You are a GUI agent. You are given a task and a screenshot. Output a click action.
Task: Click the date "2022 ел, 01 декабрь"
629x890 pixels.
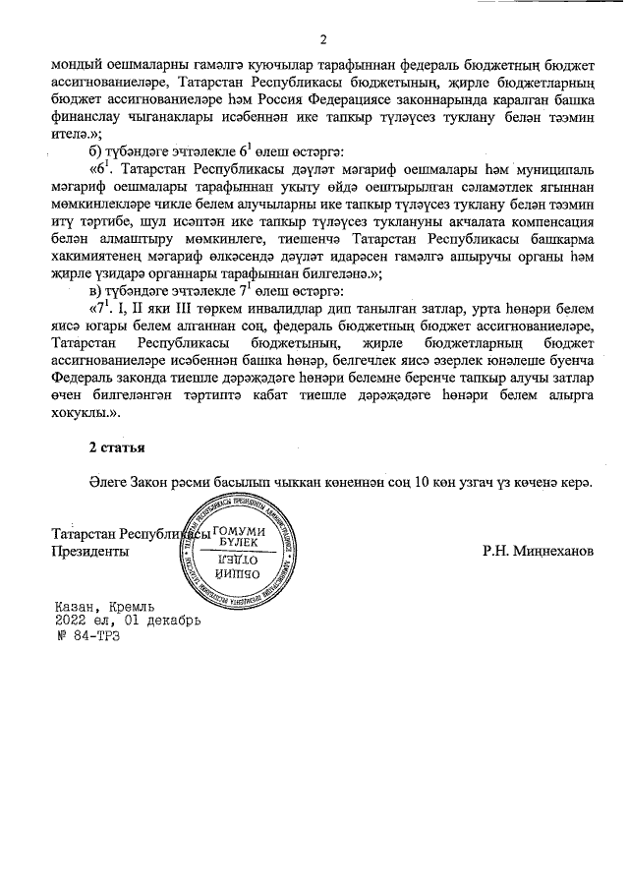click(x=128, y=622)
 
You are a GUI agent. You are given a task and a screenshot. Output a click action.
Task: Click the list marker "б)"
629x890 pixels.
click(x=97, y=148)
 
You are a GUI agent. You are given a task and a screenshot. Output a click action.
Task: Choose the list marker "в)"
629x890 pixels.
click(x=97, y=291)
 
